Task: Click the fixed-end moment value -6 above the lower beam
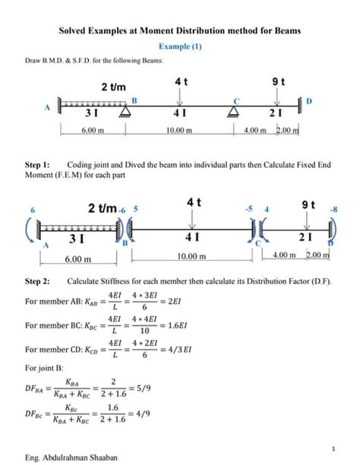121,208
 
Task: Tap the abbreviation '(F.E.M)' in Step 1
62,176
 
